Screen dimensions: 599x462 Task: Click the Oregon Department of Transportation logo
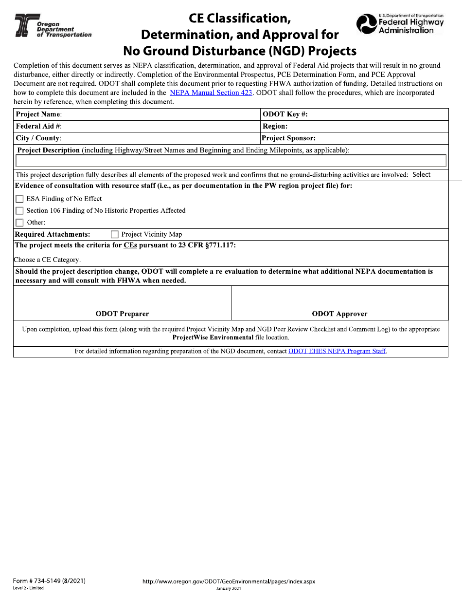[53, 26]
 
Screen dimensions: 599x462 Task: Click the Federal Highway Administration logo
[400, 24]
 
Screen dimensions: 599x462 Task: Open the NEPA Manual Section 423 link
[211, 93]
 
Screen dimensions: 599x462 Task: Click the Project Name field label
[39, 114]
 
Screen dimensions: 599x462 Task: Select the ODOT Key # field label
[285, 114]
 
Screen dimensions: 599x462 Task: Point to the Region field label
[275, 126]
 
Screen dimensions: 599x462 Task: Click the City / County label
[38, 138]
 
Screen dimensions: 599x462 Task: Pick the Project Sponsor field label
[289, 138]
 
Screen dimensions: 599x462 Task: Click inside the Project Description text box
[231, 161]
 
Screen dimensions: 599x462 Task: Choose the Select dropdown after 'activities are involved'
[421, 174]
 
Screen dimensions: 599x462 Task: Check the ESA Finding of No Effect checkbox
[19, 199]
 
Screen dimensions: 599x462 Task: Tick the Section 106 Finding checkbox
[19, 211]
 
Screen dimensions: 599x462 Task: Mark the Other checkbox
[19, 223]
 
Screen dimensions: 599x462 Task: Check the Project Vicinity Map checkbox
[115, 234]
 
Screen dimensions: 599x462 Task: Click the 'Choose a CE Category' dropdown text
[47, 260]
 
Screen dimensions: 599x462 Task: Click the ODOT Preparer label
[122, 314]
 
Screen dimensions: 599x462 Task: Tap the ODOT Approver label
[339, 314]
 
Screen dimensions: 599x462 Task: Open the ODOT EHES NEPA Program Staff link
[337, 351]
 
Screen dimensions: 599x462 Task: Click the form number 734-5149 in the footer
[49, 580]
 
